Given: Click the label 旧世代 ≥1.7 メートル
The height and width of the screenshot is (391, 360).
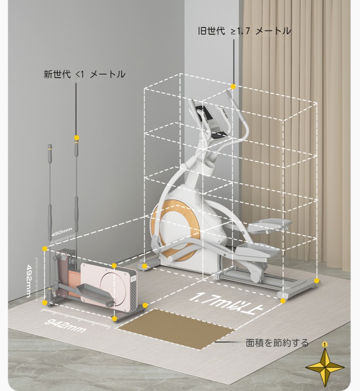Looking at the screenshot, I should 244,31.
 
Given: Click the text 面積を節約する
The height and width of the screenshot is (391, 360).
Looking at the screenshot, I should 277,343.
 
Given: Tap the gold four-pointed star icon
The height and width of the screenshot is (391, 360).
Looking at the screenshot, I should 324,367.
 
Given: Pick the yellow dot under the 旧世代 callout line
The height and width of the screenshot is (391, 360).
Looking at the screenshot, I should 233,86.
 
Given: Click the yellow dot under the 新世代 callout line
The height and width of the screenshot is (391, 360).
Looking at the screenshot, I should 77,137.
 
